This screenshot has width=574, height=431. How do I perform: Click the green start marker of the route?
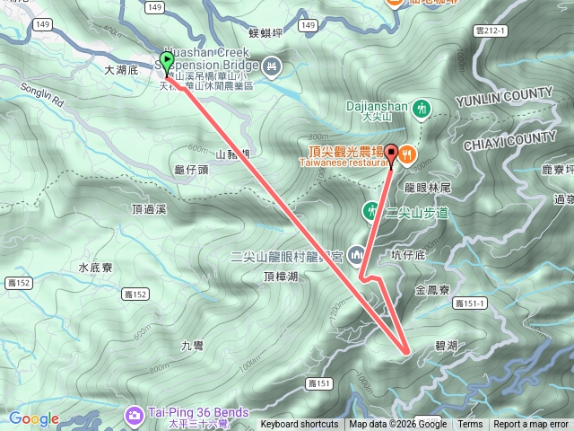coord(167,61)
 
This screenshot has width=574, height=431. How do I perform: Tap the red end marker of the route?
coord(392,151)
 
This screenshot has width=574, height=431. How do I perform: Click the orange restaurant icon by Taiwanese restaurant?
coord(407,154)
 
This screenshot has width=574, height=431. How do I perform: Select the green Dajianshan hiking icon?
coord(422,108)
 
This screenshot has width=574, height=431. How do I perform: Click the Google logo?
coord(33,418)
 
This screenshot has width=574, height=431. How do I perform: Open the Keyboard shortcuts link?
coord(300,425)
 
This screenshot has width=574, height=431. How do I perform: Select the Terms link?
coord(470,425)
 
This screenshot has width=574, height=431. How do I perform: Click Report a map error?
coord(531,425)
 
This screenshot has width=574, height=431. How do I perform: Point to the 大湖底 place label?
coord(119,69)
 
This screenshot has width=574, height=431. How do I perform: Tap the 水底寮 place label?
coord(94,268)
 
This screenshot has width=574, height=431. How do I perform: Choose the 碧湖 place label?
coord(447,345)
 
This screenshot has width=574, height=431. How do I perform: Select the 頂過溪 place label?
coord(149,209)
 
